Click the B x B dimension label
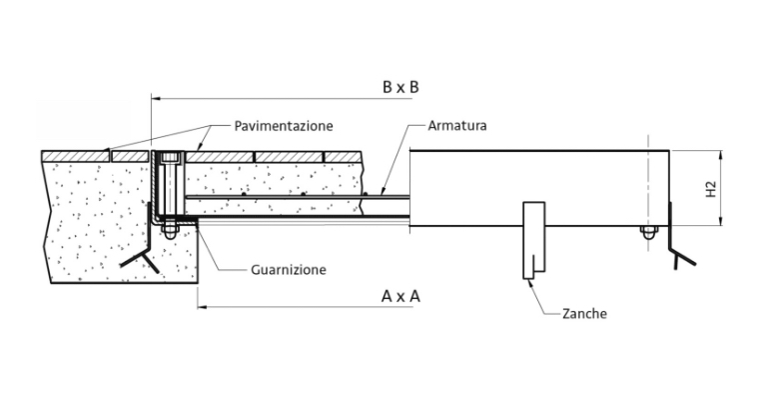399,87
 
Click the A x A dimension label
400,296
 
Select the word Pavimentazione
284,126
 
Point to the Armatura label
456,126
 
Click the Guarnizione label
288,269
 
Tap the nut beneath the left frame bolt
168,233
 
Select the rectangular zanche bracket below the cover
533,240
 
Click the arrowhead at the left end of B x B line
155,98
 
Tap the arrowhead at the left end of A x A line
201,306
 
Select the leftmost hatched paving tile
76,156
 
